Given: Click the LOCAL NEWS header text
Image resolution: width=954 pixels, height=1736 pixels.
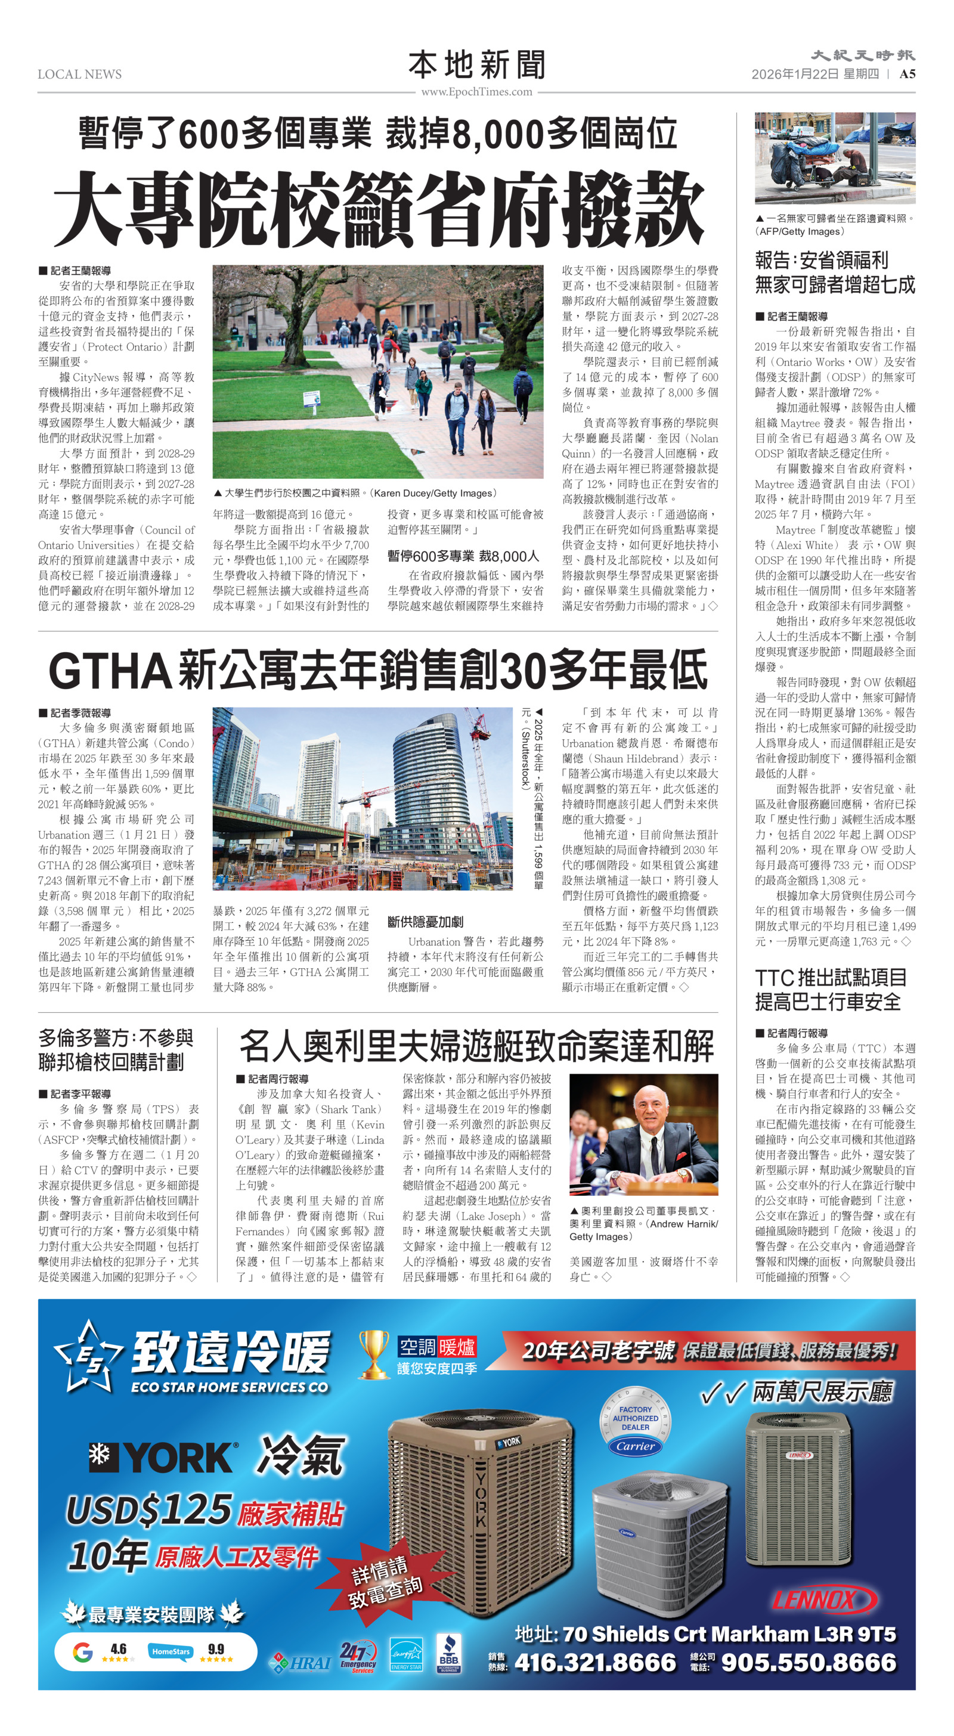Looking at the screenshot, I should [x=79, y=74].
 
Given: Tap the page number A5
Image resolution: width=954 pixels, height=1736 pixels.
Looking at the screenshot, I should [x=907, y=74].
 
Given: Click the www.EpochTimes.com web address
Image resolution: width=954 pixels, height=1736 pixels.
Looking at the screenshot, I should [x=476, y=92].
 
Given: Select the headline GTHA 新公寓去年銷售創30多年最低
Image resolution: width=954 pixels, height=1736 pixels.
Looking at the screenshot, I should [x=377, y=670].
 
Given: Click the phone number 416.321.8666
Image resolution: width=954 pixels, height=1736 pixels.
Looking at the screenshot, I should [x=595, y=1662].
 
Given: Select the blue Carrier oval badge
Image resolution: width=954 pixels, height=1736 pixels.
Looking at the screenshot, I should [x=635, y=1446].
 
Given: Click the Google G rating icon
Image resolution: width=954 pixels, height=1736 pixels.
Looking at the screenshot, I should [x=82, y=1651].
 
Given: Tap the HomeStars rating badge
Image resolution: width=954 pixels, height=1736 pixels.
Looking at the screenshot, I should [x=171, y=1652].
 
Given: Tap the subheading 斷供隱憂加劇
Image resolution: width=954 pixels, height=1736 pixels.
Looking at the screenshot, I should [x=425, y=922].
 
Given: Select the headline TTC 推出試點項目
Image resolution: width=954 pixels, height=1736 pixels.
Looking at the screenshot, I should [x=831, y=977].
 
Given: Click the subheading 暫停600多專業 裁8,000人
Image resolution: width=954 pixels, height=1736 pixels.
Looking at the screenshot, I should [x=463, y=556].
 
